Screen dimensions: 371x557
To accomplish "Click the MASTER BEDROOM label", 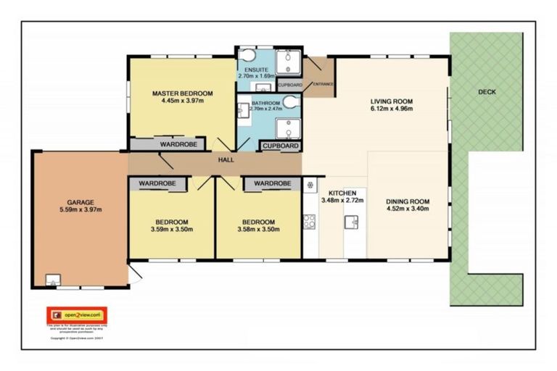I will [x=182, y=93].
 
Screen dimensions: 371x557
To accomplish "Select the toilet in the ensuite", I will [x=247, y=56].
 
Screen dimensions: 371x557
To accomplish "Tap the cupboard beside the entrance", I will [x=289, y=85].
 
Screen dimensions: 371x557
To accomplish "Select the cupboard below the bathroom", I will [x=280, y=146].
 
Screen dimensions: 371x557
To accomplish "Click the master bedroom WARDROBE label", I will [x=178, y=145].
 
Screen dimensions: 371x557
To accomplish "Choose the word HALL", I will [x=224, y=160].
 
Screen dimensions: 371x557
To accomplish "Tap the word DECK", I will [x=487, y=92].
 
